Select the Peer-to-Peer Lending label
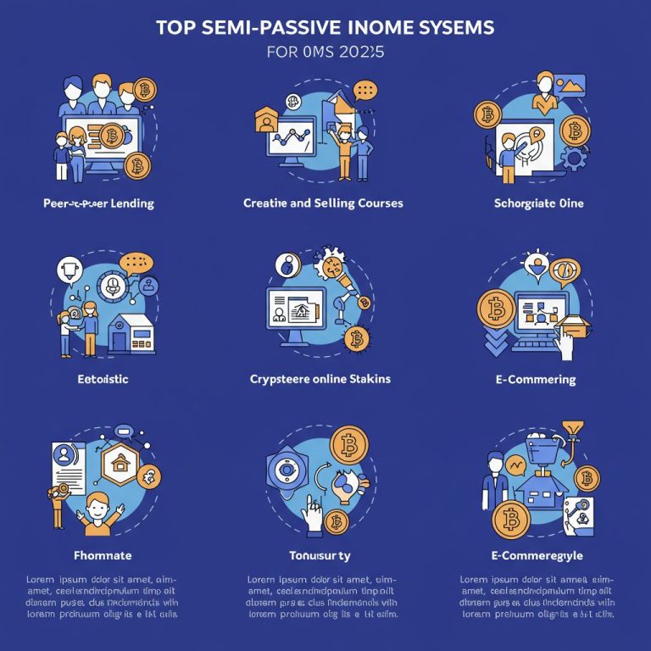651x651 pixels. click(98, 203)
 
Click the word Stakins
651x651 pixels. click(370, 379)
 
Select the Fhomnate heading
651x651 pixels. click(100, 555)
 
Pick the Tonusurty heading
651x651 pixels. click(320, 555)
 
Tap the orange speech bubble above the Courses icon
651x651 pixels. click(366, 89)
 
